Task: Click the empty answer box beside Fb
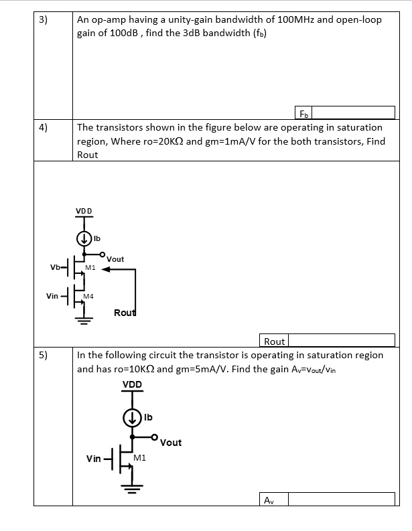click(x=354, y=112)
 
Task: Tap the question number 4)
click(x=43, y=127)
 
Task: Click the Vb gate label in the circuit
click(x=54, y=268)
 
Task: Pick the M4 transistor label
click(x=88, y=295)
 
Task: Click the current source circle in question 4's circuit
click(x=84, y=238)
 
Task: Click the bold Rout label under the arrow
click(x=125, y=313)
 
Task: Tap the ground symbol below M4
click(x=84, y=319)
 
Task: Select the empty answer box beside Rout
click(x=341, y=342)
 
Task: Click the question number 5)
click(x=43, y=355)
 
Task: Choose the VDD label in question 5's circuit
click(x=132, y=384)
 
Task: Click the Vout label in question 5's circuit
click(x=171, y=443)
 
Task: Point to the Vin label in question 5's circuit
click(x=94, y=459)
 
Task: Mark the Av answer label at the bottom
click(x=268, y=500)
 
